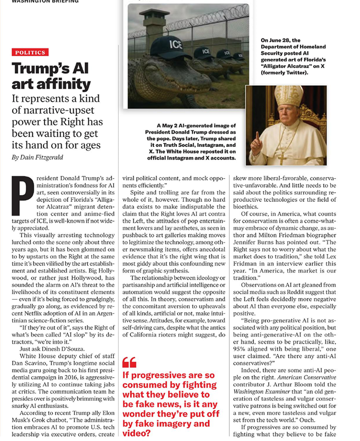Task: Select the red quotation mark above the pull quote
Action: (x=129, y=363)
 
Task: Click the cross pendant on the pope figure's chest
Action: (x=281, y=158)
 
